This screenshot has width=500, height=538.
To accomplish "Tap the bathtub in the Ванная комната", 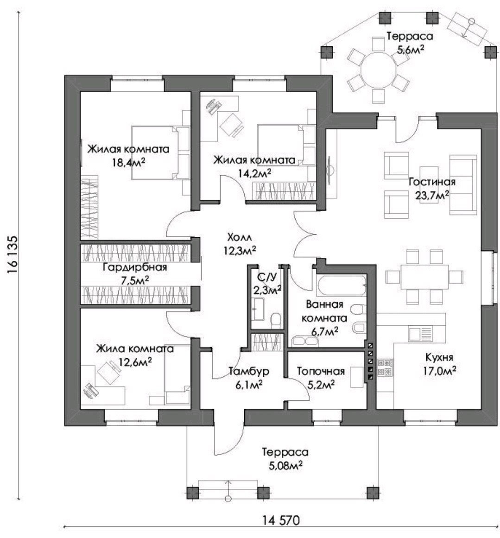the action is coord(341,285).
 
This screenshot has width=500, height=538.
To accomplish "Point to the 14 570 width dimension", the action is coord(281,520).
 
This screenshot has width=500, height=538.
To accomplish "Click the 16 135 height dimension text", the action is coord(12,254).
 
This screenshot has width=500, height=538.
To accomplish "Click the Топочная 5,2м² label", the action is coord(321,377).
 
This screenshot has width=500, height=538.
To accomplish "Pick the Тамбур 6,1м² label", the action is coord(249,377).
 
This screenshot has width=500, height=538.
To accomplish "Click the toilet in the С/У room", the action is coord(276,319).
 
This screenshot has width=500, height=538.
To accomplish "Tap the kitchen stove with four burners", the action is coord(385,367).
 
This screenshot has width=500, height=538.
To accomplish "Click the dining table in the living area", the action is coord(424,277).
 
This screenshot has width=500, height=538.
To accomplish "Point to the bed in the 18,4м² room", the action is coord(160,152).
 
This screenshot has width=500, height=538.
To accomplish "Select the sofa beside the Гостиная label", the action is coord(462,184).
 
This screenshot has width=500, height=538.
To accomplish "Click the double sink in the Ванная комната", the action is coord(305,341).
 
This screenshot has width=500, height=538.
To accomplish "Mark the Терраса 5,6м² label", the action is coord(410,42).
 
